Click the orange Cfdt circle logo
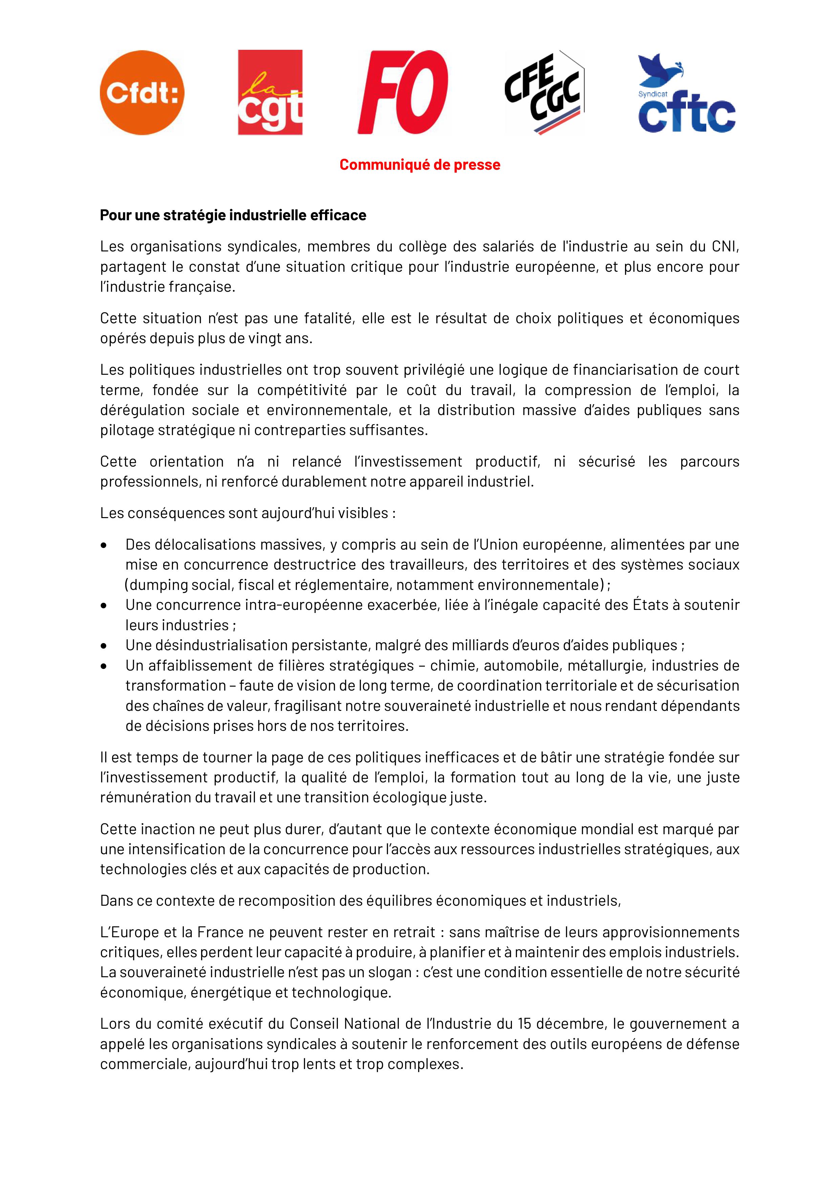point(142,93)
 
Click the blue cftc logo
point(686,109)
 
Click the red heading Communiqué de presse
point(420,165)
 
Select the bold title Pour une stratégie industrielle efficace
point(233,215)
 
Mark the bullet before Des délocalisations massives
point(105,545)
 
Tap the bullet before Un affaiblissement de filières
point(105,665)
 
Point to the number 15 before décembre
point(525,1024)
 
